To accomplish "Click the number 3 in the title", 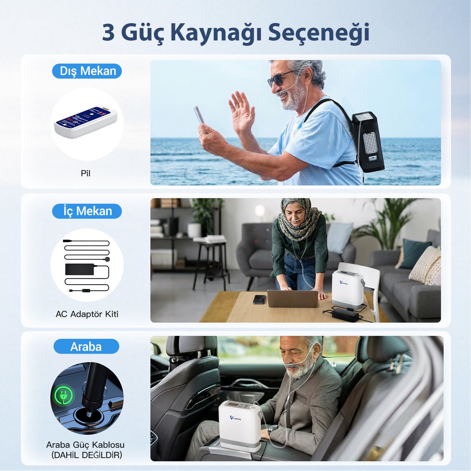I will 108,32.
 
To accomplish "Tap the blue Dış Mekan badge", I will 87,71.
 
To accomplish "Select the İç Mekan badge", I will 87,211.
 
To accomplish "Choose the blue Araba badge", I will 86,346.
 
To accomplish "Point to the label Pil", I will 85,173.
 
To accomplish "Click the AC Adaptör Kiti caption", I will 87,314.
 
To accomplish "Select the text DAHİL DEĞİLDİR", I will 87,455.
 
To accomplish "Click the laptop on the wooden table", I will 293,298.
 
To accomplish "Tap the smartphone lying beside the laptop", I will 259,299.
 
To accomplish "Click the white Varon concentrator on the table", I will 347,288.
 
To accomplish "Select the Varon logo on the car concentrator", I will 235,418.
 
